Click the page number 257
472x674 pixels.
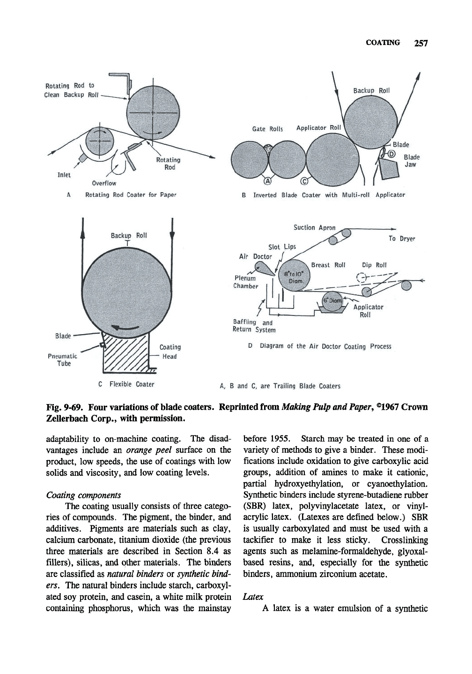(x=421, y=44)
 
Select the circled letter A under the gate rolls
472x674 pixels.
(x=268, y=180)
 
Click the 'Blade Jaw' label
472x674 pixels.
(x=412, y=160)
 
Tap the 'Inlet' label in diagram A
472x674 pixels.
(x=64, y=175)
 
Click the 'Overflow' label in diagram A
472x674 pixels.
(x=103, y=183)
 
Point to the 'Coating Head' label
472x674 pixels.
(x=170, y=352)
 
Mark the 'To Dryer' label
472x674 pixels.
(x=402, y=239)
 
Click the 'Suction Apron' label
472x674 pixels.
(x=314, y=228)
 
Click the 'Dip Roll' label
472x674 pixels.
(x=374, y=265)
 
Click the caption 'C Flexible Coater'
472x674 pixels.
(x=126, y=385)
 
